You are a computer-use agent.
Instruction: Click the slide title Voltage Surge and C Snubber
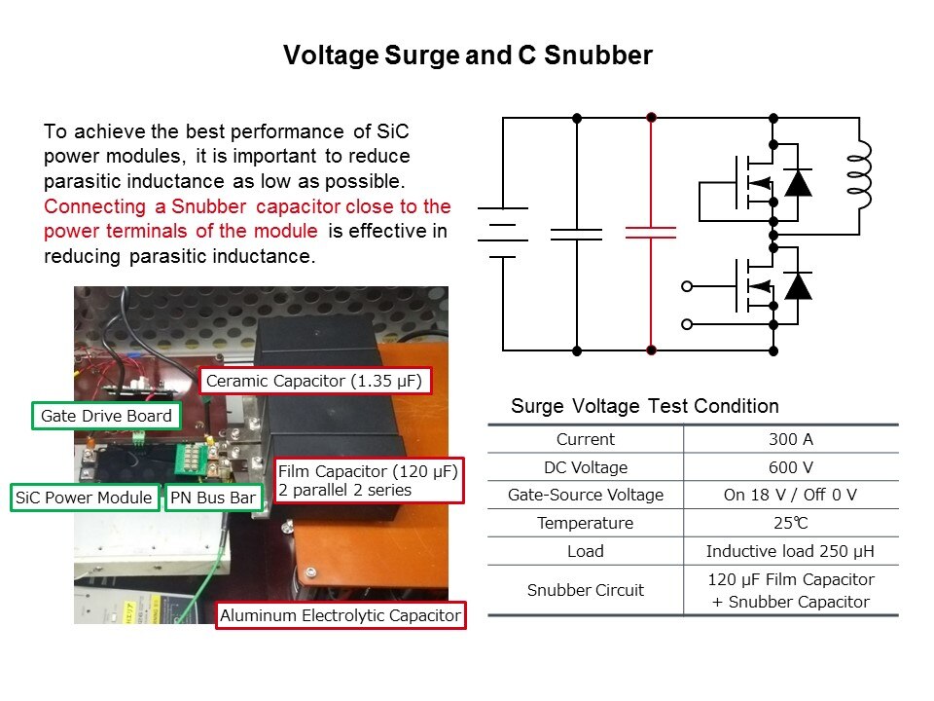(467, 55)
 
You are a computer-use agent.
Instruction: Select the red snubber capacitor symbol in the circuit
(651, 233)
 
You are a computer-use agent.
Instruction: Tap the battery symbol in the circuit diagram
(502, 233)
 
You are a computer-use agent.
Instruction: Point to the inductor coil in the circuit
(860, 176)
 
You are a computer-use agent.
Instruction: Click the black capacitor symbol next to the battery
(576, 234)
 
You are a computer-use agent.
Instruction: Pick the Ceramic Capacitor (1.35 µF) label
(315, 380)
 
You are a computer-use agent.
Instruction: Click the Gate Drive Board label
(106, 417)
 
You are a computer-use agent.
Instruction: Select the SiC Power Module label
(85, 498)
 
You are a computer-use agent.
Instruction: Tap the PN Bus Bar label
(213, 498)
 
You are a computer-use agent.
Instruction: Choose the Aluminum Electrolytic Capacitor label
(340, 615)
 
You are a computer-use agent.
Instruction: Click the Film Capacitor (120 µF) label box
(368, 481)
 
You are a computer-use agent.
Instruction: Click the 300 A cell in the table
(790, 439)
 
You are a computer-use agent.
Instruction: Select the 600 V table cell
(790, 467)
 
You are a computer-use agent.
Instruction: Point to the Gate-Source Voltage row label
(586, 495)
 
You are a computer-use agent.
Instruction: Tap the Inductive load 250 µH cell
(790, 551)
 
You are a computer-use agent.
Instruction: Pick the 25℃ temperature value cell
(790, 523)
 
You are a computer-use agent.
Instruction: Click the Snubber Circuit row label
(586, 590)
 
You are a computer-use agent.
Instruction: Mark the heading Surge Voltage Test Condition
(644, 406)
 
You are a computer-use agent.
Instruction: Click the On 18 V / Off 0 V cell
(790, 495)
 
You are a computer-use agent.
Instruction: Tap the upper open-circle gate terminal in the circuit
(687, 286)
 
